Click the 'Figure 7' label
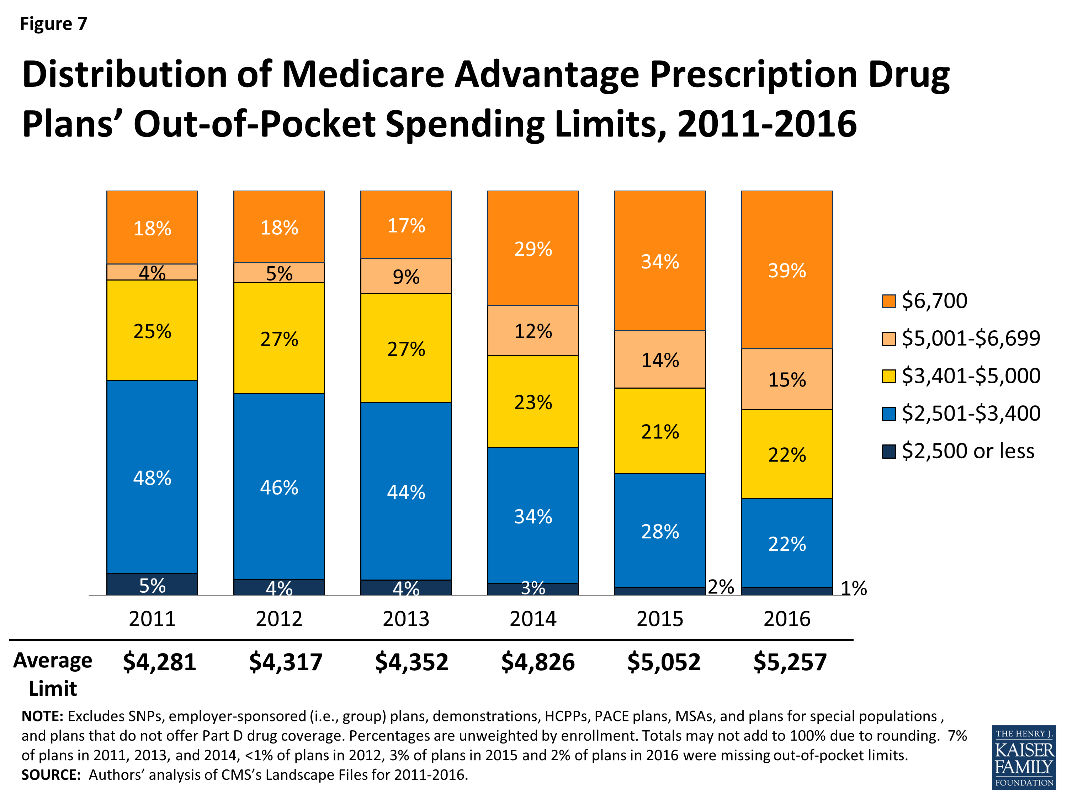tap(53, 23)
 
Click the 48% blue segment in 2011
tap(152, 478)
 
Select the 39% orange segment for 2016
tap(787, 270)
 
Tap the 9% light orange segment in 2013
tap(406, 276)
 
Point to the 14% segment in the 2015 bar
tap(659, 360)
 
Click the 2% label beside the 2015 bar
tap(721, 587)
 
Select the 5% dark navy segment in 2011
tap(152, 585)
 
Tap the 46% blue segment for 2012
tap(279, 487)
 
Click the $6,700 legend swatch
tap(888, 301)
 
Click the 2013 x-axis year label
tap(406, 619)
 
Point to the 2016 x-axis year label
tap(787, 619)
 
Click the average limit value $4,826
tap(538, 662)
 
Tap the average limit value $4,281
tap(159, 662)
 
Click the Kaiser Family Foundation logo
tap(1024, 757)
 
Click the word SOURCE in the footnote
tap(51, 775)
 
